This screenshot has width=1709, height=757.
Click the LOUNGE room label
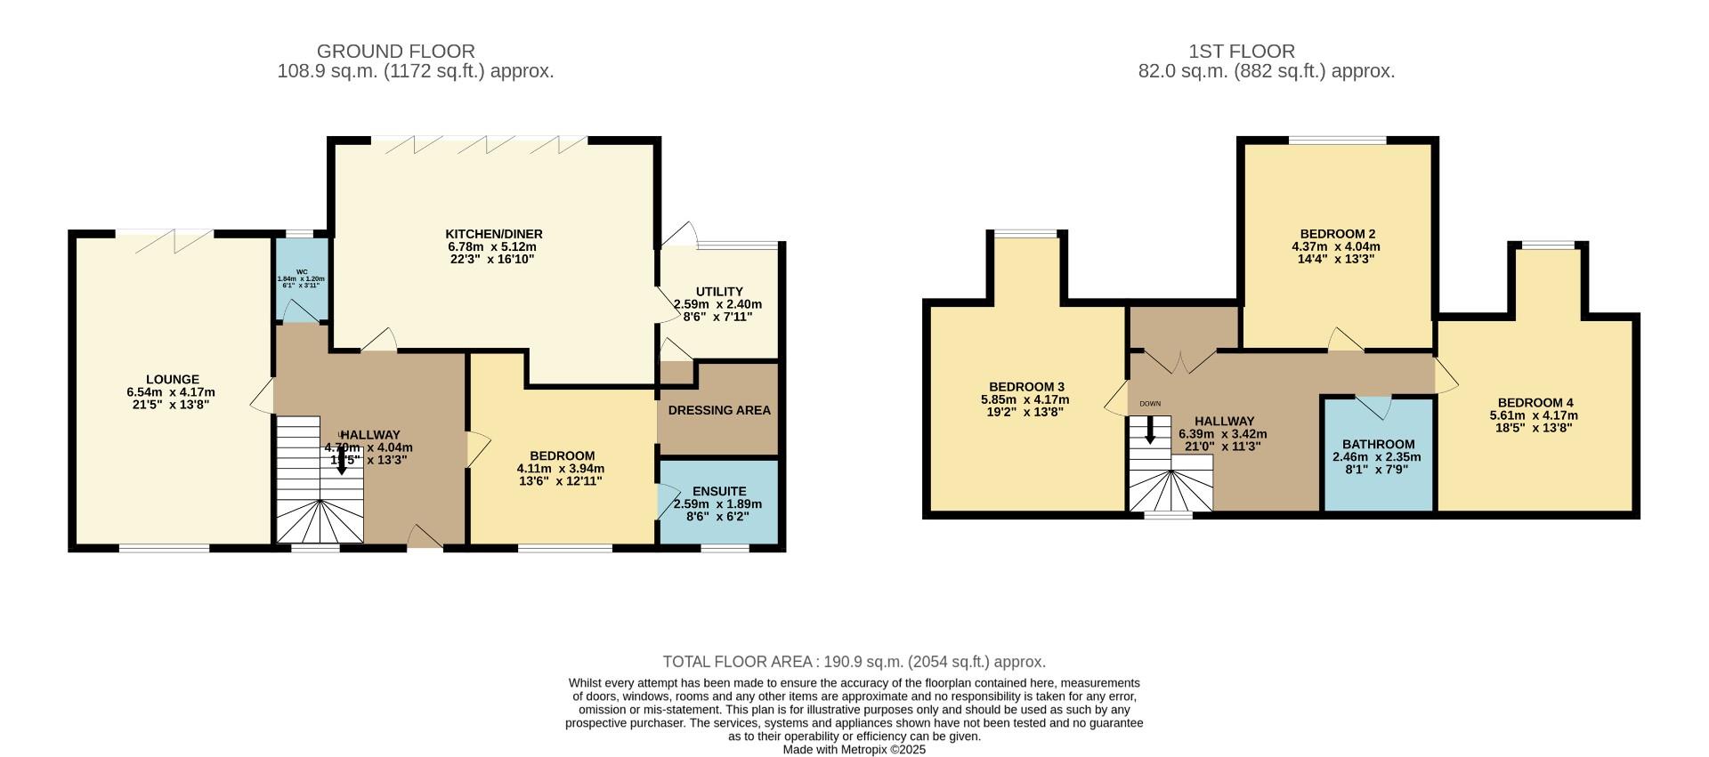[x=173, y=379]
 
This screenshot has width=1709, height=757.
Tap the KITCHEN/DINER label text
[x=494, y=234]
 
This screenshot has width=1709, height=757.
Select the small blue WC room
[x=302, y=280]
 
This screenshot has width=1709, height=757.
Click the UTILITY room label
[x=719, y=292]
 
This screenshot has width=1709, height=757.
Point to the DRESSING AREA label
[x=719, y=410]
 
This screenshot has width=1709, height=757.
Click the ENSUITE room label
[x=719, y=491]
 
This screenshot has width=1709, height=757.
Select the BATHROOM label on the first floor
[x=1378, y=445]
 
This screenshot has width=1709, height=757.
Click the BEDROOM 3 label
[x=1026, y=387]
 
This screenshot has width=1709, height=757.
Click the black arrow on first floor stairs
[x=1150, y=431]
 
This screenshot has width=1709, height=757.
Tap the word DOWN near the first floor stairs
[x=1150, y=404]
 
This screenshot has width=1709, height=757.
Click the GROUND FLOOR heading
[x=396, y=52]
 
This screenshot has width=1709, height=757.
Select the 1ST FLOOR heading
[x=1242, y=52]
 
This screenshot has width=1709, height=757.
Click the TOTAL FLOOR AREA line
[x=854, y=662]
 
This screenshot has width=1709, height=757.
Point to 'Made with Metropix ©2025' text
[x=854, y=750]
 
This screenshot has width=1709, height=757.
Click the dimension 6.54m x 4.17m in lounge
[x=171, y=392]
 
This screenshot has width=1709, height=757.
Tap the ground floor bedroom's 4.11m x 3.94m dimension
[x=561, y=469]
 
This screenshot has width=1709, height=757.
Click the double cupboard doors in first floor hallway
[x=1180, y=361]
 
